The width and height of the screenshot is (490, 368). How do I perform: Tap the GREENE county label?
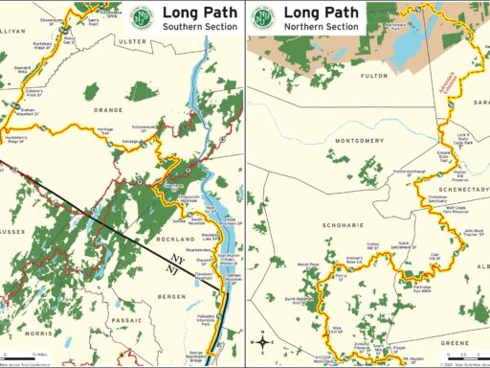tap(453, 342)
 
